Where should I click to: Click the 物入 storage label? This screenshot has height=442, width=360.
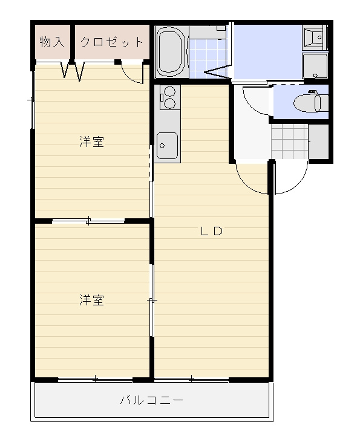tap(52, 42)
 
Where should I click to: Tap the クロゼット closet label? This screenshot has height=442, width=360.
tap(112, 42)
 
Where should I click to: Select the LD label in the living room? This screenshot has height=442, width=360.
tap(212, 231)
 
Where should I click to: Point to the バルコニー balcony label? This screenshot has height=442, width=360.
tap(151, 400)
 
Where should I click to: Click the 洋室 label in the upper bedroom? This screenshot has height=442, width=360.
tap(91, 142)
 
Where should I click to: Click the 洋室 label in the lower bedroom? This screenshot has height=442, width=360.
tap(91, 300)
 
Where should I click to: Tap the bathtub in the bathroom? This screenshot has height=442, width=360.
tap(171, 51)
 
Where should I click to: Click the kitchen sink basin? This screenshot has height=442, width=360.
tap(166, 146)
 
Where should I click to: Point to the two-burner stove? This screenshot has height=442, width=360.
tap(168, 97)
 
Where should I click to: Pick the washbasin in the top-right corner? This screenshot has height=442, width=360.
tap(315, 38)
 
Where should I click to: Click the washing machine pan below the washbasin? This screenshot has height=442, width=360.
tap(315, 66)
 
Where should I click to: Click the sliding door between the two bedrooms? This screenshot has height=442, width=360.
tap(89, 221)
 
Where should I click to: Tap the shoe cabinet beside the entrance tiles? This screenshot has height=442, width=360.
tap(318, 140)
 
